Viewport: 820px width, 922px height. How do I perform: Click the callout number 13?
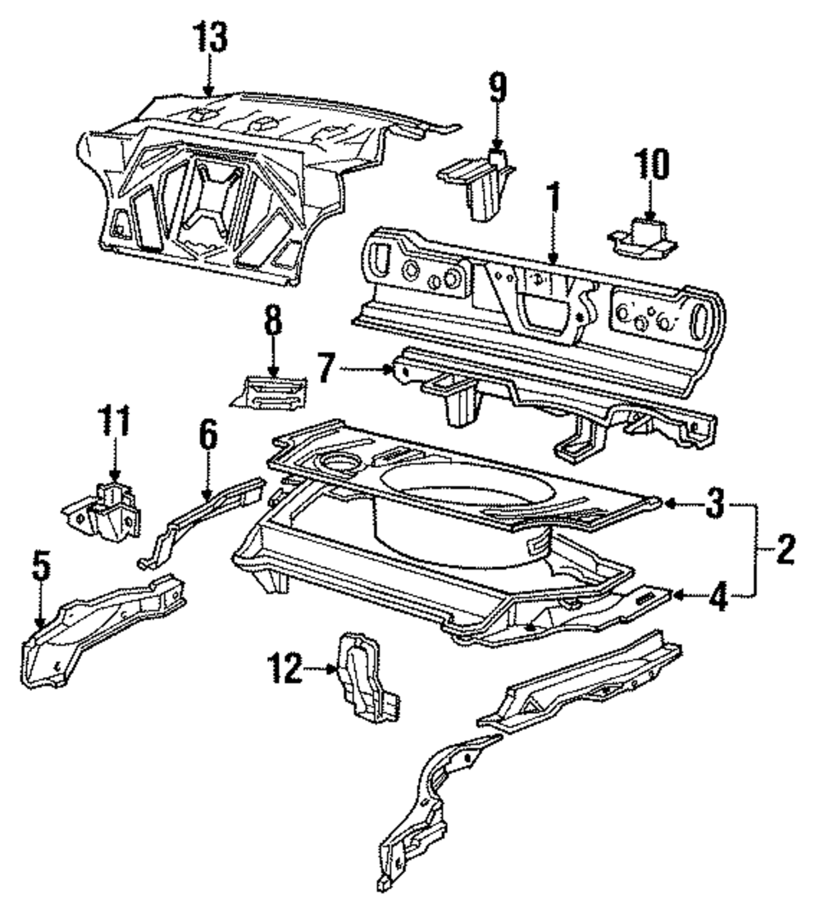point(211,38)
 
